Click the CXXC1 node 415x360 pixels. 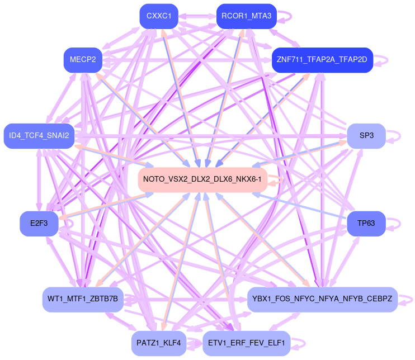tap(159, 16)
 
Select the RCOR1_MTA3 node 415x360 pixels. tap(246, 16)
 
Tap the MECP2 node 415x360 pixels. tap(83, 60)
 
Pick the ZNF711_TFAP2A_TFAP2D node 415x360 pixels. tap(322, 60)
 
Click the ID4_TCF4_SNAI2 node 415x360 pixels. tap(39, 136)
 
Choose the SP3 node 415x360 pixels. tap(366, 136)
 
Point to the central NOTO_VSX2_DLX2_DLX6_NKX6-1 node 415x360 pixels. tap(202, 179)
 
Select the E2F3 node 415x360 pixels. tap(39, 224)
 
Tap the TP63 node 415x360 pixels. tap(366, 224)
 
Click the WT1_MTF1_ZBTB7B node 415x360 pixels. tap(83, 299)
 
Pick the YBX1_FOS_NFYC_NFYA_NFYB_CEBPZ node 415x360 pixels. tap(322, 299)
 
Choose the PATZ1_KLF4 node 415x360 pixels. tap(159, 343)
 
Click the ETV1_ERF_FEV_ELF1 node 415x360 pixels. tap(246, 343)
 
